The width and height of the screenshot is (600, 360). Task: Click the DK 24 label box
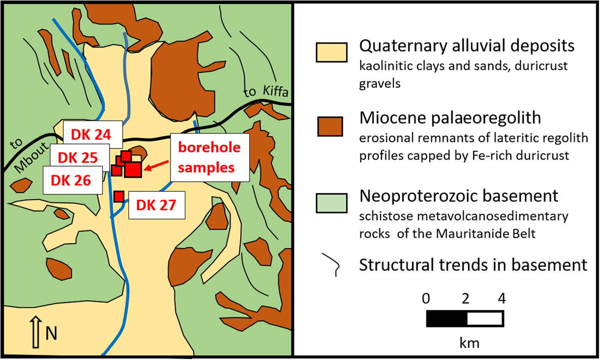(93, 134)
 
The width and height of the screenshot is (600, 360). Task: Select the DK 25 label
(79, 158)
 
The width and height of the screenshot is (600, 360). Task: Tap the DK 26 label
(73, 180)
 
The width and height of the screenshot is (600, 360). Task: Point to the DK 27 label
(157, 205)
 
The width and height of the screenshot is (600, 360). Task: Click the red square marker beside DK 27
(119, 196)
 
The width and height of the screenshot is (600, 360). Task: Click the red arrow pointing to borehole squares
(157, 165)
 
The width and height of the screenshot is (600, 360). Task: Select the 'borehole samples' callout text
(209, 157)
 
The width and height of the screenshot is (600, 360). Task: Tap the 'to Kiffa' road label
(266, 92)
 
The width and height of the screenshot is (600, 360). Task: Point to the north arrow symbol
(36, 332)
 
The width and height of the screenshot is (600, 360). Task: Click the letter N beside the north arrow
(51, 334)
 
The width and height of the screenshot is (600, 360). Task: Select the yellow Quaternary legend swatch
(332, 53)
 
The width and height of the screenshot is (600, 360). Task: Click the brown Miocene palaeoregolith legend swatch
(330, 127)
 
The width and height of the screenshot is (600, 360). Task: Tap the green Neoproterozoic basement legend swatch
(332, 203)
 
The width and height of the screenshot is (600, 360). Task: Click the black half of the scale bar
(447, 319)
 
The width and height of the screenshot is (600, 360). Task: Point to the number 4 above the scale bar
(502, 299)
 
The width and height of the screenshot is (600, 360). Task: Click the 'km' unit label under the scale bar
(470, 343)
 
